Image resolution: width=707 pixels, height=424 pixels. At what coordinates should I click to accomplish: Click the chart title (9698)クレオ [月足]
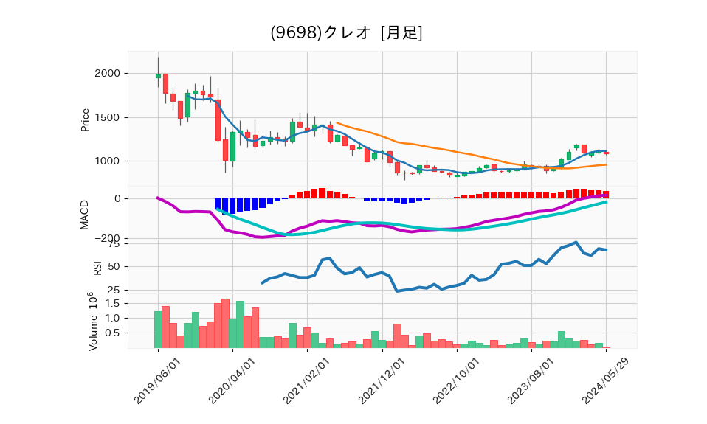click(346, 33)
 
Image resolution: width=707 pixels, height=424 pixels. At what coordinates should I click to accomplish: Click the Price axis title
click(86, 120)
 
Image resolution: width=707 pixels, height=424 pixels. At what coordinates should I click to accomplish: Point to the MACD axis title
click(86, 214)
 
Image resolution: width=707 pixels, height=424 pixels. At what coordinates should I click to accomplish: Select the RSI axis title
click(97, 267)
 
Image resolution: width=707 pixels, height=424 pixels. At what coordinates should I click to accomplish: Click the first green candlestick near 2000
click(158, 76)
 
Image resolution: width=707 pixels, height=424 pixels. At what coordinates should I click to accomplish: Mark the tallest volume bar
click(225, 324)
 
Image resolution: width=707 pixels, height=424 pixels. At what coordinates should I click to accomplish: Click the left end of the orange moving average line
click(337, 122)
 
